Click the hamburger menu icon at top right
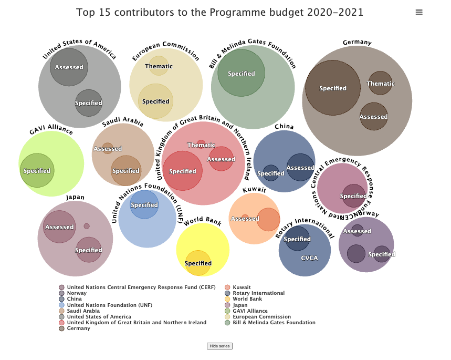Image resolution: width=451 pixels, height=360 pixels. (x=419, y=13)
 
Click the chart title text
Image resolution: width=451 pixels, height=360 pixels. (x=219, y=12)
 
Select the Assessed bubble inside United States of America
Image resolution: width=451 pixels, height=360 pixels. (x=69, y=67)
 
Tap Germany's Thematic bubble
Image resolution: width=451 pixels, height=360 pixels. (x=380, y=83)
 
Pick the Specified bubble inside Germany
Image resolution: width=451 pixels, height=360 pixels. (x=333, y=88)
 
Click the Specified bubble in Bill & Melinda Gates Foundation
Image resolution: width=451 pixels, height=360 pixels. (x=242, y=73)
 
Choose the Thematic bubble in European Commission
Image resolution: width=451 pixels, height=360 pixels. (x=159, y=66)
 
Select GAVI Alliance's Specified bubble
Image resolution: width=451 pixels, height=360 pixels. (x=37, y=170)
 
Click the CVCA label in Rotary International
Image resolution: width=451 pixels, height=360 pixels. (x=309, y=258)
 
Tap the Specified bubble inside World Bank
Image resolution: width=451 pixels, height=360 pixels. (x=198, y=263)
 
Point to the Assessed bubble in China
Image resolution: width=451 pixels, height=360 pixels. (x=300, y=168)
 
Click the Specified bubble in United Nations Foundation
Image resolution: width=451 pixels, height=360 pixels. (x=144, y=204)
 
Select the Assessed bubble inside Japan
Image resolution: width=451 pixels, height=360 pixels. (x=59, y=227)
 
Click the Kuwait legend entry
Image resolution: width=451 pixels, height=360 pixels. (x=242, y=287)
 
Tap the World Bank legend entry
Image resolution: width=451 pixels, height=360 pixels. (x=247, y=299)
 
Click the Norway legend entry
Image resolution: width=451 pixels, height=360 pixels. (x=77, y=293)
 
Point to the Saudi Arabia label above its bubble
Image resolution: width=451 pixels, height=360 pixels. (x=123, y=121)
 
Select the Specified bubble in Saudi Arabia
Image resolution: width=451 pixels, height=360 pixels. (x=126, y=170)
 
